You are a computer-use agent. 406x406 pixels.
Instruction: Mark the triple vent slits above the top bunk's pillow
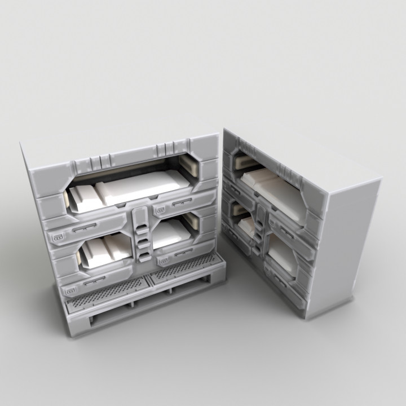tap(96, 162)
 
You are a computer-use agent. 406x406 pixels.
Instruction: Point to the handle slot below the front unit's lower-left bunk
tap(99, 279)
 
